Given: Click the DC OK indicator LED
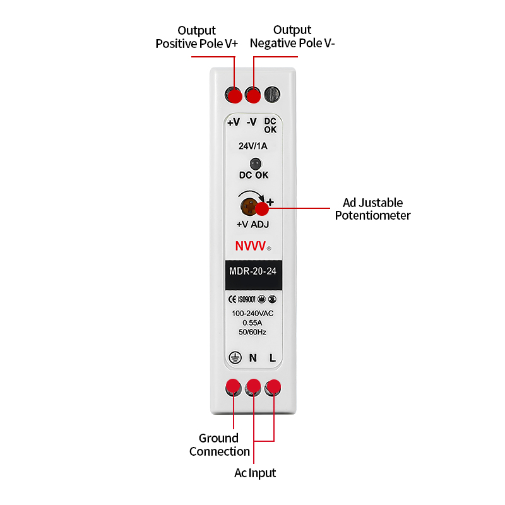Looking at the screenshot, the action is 256,163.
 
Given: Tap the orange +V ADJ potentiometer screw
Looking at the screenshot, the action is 249,206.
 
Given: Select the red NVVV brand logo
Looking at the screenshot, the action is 251,246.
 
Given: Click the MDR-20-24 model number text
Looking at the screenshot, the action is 253,271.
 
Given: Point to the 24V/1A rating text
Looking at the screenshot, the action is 253,146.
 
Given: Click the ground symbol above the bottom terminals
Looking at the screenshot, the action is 235,357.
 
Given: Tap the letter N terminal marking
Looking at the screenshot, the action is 253,358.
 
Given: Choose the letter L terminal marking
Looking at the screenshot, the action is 273,358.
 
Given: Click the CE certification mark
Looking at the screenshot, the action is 232,299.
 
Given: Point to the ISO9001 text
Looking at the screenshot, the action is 247,299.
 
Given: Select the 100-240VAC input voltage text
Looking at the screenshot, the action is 252,313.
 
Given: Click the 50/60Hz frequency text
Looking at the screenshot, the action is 252,332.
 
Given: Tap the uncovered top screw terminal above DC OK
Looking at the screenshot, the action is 272,94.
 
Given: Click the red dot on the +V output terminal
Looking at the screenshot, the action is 235,97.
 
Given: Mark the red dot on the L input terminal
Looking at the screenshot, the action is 274,386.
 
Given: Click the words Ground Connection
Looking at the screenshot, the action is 220,445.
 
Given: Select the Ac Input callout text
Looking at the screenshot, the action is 255,473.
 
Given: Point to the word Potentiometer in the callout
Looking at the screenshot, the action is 372,215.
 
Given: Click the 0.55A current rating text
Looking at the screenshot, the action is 252,323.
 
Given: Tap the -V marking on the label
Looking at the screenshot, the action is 251,122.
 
